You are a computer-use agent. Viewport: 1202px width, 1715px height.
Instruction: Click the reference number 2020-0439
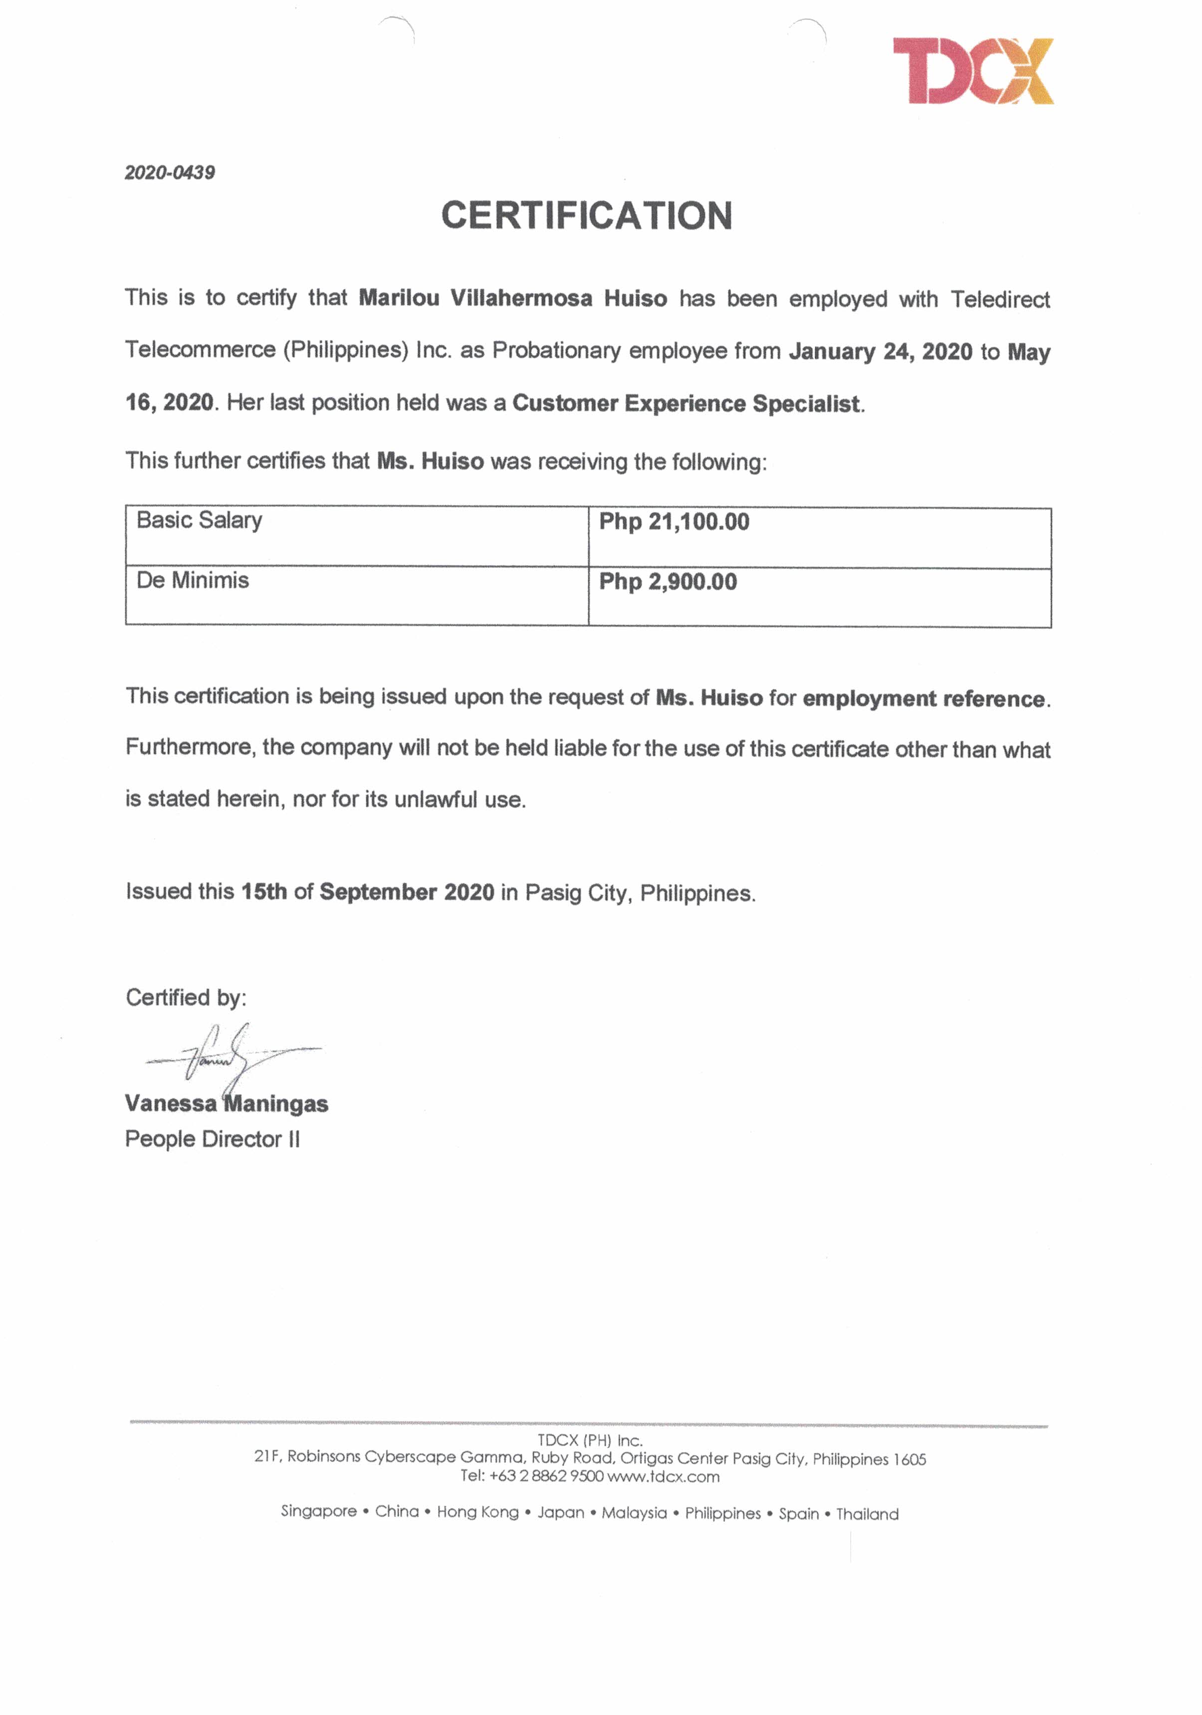(x=170, y=173)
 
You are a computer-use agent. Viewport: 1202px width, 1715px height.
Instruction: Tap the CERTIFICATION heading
(x=586, y=216)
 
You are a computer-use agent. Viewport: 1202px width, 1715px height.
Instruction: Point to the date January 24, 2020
(x=880, y=351)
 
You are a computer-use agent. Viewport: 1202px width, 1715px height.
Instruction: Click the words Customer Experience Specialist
(x=686, y=403)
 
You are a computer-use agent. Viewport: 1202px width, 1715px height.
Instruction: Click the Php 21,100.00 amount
(x=674, y=521)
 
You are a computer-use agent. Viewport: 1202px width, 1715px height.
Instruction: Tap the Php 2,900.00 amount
(x=668, y=582)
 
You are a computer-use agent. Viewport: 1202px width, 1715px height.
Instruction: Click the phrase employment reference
(x=924, y=699)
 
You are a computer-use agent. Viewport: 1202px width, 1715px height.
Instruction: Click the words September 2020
(x=406, y=892)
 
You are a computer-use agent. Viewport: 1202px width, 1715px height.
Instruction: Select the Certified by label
(x=185, y=997)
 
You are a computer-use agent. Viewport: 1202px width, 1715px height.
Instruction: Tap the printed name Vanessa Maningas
(x=227, y=1103)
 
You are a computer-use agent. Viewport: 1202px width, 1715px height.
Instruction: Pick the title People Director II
(x=212, y=1139)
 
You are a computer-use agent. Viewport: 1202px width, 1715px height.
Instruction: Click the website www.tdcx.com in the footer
(x=664, y=1476)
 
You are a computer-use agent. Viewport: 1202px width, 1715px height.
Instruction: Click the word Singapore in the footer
(x=318, y=1511)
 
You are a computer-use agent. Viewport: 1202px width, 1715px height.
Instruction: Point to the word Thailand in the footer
(x=867, y=1514)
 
